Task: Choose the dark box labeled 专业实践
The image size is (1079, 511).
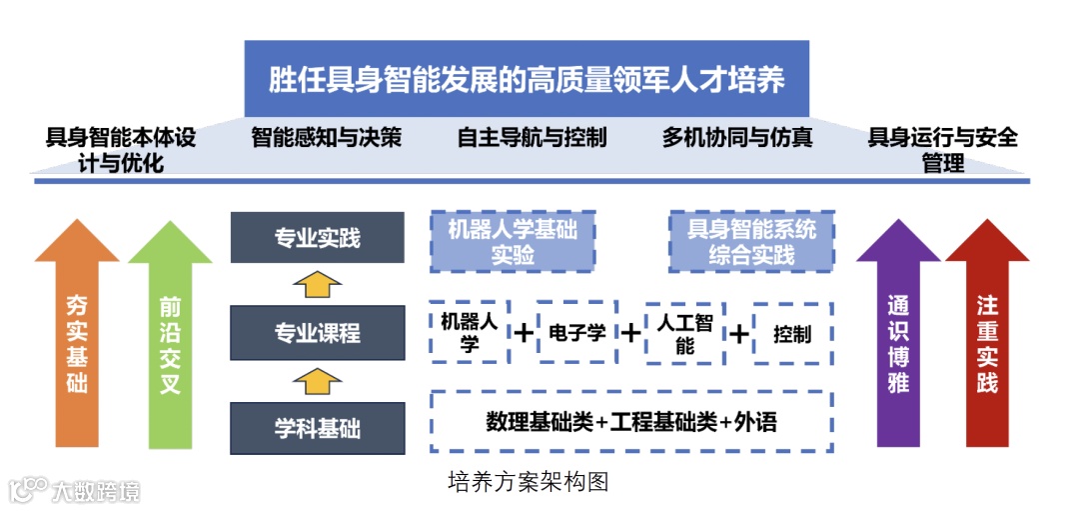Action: point(318,238)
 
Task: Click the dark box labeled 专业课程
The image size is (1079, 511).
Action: point(318,333)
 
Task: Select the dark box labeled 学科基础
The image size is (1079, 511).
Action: point(318,429)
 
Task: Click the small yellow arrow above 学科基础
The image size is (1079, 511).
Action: point(317,381)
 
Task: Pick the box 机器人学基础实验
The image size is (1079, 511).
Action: point(513,242)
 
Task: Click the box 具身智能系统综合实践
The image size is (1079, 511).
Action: point(751,242)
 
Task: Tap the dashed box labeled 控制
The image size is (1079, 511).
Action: point(792,333)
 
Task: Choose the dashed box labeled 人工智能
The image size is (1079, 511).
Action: point(684,333)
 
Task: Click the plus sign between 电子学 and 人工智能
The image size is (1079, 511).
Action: point(630,333)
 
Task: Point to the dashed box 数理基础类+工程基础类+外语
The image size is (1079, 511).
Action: point(631,422)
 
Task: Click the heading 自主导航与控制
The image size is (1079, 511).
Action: point(532,137)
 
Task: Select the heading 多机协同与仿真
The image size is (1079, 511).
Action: point(736,137)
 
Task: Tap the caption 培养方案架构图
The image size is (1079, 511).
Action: point(528,482)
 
